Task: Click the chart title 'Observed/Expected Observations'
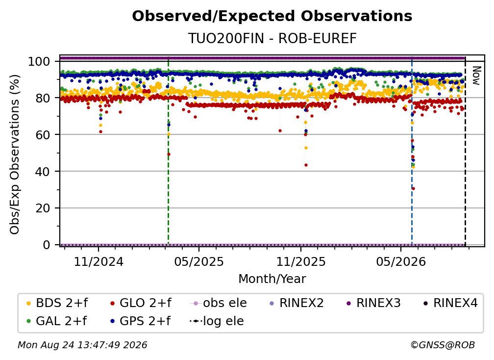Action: tap(272, 16)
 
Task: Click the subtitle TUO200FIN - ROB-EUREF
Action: tap(272, 38)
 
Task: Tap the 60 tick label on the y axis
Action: tap(43, 135)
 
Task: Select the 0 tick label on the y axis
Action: tap(47, 245)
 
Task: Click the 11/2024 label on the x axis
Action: tap(99, 261)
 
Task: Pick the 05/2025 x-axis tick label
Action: tap(199, 261)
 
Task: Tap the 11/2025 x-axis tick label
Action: tap(301, 261)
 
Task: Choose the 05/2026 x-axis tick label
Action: tap(401, 261)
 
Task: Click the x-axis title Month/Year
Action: tap(272, 279)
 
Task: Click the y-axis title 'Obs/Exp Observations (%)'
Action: tap(15, 154)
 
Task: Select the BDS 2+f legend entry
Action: tap(57, 303)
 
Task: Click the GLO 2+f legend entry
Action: tap(141, 303)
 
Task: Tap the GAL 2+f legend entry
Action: tap(56, 321)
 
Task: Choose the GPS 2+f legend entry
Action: tap(140, 321)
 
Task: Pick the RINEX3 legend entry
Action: tap(373, 303)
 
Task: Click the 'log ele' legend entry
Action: tap(217, 321)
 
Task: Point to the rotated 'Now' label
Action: tap(476, 76)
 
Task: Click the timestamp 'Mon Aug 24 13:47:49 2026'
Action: tap(82, 345)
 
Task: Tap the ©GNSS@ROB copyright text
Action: tap(443, 345)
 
